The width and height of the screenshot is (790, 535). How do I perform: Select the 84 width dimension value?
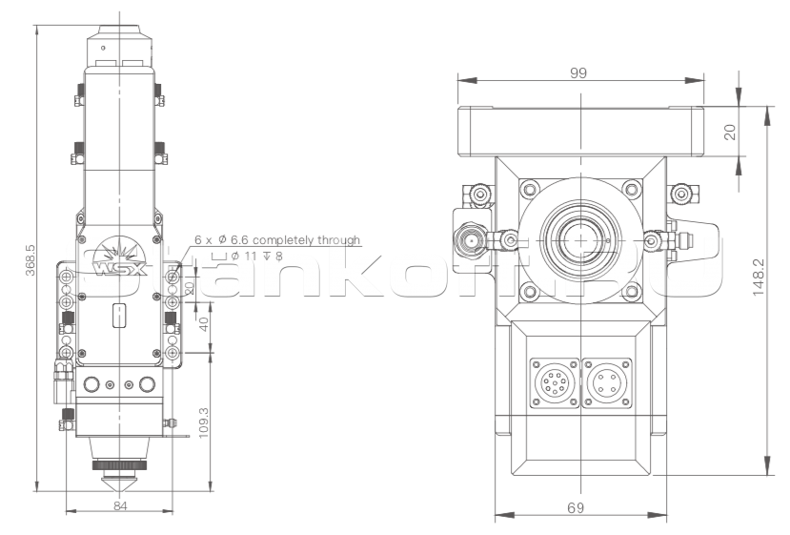[120, 505]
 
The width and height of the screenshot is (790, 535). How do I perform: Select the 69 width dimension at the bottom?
[575, 508]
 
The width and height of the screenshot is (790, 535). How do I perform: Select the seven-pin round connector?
[551, 383]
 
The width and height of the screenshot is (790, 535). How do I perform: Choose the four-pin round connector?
[603, 383]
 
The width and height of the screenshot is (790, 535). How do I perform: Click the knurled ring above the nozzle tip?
[120, 464]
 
